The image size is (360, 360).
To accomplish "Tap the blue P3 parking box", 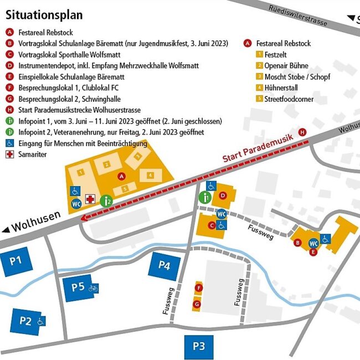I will pos(199,347).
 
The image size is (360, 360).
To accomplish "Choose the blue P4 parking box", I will pos(164,265).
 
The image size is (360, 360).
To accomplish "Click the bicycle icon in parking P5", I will pos(94,288).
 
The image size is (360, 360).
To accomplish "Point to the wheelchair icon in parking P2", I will pos(40,321).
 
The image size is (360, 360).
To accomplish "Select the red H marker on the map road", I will pos(302,132).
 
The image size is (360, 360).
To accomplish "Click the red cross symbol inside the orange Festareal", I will pos(90,199).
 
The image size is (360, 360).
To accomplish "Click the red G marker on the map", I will pos(197,304).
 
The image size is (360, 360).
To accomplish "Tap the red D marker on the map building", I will pos(223,195).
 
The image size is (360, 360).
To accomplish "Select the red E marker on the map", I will pos(313,252).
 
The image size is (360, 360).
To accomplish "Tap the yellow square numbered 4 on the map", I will pos(150,175).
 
